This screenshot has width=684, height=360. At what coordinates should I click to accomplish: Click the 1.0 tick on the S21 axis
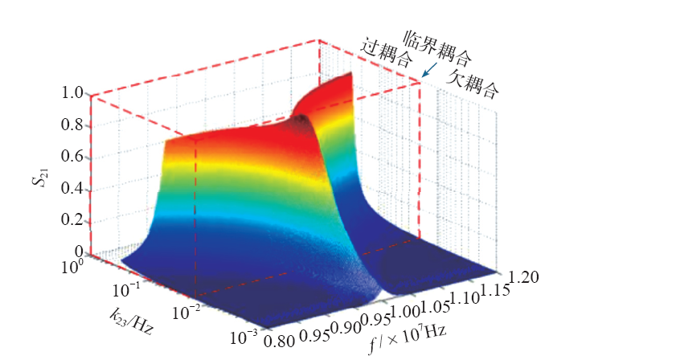point(73,93)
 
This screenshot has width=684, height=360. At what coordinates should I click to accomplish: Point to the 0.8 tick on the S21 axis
point(73,125)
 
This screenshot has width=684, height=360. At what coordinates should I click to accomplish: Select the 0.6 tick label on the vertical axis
point(73,157)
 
